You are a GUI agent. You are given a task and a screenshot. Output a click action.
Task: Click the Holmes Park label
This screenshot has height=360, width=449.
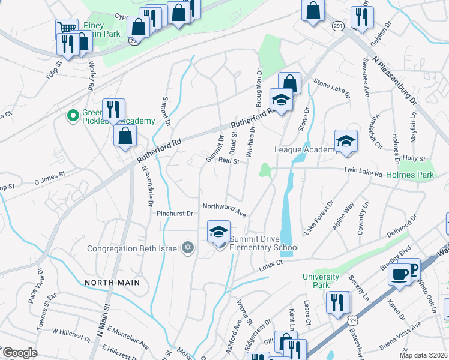410,175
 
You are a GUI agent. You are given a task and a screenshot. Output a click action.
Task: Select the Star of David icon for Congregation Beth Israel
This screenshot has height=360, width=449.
188,248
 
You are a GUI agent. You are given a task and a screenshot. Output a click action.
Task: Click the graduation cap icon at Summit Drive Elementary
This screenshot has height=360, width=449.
219,232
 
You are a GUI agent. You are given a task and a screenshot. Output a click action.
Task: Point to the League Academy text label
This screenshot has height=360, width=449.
304,149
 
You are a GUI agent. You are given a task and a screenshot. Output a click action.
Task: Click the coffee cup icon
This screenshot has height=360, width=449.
398,274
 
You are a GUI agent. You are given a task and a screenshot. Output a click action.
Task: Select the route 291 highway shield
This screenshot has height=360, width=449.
339,26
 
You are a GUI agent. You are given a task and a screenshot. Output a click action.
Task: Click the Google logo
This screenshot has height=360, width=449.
20,352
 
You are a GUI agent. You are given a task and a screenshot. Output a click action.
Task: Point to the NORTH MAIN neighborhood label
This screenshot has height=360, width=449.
112,282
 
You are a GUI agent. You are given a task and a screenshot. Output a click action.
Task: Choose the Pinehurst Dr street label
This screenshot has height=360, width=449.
174,213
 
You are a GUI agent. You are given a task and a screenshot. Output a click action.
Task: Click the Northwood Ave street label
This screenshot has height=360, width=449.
224,209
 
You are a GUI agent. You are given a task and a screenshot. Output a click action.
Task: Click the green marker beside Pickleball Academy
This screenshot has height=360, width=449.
73,115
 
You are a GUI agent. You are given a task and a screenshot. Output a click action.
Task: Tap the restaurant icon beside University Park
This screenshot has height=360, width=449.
338,302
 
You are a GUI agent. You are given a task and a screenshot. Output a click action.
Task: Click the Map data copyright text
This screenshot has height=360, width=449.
423,355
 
